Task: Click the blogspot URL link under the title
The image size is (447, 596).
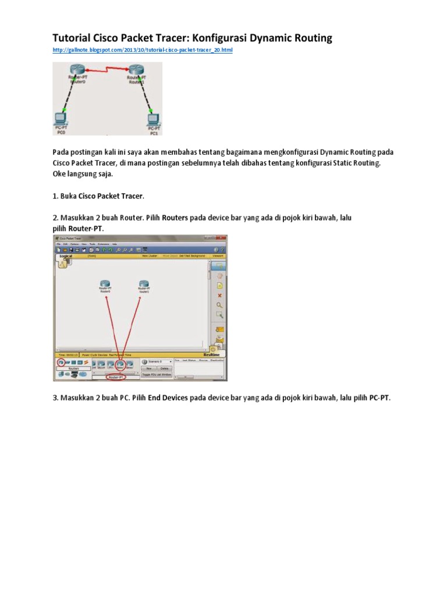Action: coord(143,51)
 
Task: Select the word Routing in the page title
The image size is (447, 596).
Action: coord(311,38)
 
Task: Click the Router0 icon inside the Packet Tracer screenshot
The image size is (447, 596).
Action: coord(105,284)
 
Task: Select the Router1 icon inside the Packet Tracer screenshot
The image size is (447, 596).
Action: coord(144,284)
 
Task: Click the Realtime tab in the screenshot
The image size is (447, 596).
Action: coord(211,354)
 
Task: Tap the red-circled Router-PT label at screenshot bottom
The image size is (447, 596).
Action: coord(116,377)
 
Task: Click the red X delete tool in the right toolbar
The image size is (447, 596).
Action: coord(219,295)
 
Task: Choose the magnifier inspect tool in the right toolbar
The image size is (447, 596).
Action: coord(219,304)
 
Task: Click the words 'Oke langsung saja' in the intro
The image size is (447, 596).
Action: coord(79,173)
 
